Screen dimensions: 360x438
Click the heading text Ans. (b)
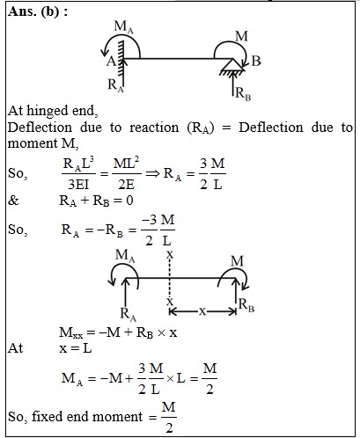pos(38,11)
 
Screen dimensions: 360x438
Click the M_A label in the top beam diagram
pos(123,27)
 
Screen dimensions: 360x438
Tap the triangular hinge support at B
pos(232,65)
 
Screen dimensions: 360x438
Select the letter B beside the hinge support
pos(256,61)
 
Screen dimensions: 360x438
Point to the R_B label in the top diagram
pos(243,94)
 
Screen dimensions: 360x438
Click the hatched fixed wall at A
pos(121,60)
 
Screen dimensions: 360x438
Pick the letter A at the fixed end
pos(111,62)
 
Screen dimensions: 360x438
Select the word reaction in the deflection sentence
pos(154,128)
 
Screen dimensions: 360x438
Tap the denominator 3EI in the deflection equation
pos(78,185)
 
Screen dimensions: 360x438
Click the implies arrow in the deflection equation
pos(152,173)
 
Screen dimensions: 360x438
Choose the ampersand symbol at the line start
pos(13,201)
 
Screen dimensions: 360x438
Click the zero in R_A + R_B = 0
pos(129,201)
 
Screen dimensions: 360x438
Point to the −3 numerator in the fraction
pos(150,220)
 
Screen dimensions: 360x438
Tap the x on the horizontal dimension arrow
pos(202,311)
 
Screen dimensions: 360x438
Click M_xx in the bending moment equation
pos(71,333)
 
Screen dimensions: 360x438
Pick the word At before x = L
pos(15,348)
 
